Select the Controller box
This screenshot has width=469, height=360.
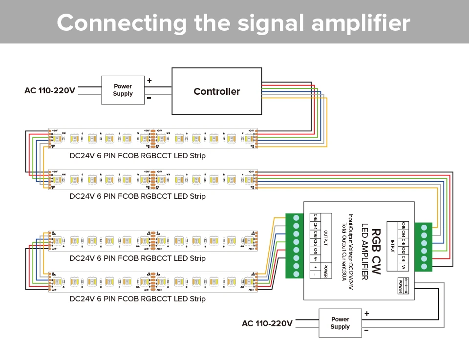[x=216, y=91]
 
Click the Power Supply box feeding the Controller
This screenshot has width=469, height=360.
[x=123, y=90]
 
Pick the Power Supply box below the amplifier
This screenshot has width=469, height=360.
[x=340, y=323]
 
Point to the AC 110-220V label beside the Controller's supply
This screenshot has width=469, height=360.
[x=50, y=91]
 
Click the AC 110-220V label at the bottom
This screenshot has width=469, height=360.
[x=267, y=323]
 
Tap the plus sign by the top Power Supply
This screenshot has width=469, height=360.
[x=149, y=81]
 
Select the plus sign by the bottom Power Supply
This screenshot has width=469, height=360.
[x=366, y=314]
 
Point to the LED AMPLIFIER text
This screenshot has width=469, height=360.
[x=364, y=251]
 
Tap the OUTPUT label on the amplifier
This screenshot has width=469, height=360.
[x=326, y=239]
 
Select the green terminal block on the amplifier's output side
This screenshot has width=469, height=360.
[x=295, y=246]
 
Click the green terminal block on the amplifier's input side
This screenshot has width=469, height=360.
[x=424, y=247]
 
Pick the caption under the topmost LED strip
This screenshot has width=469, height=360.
[x=137, y=156]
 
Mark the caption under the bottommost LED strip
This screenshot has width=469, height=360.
[x=137, y=298]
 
